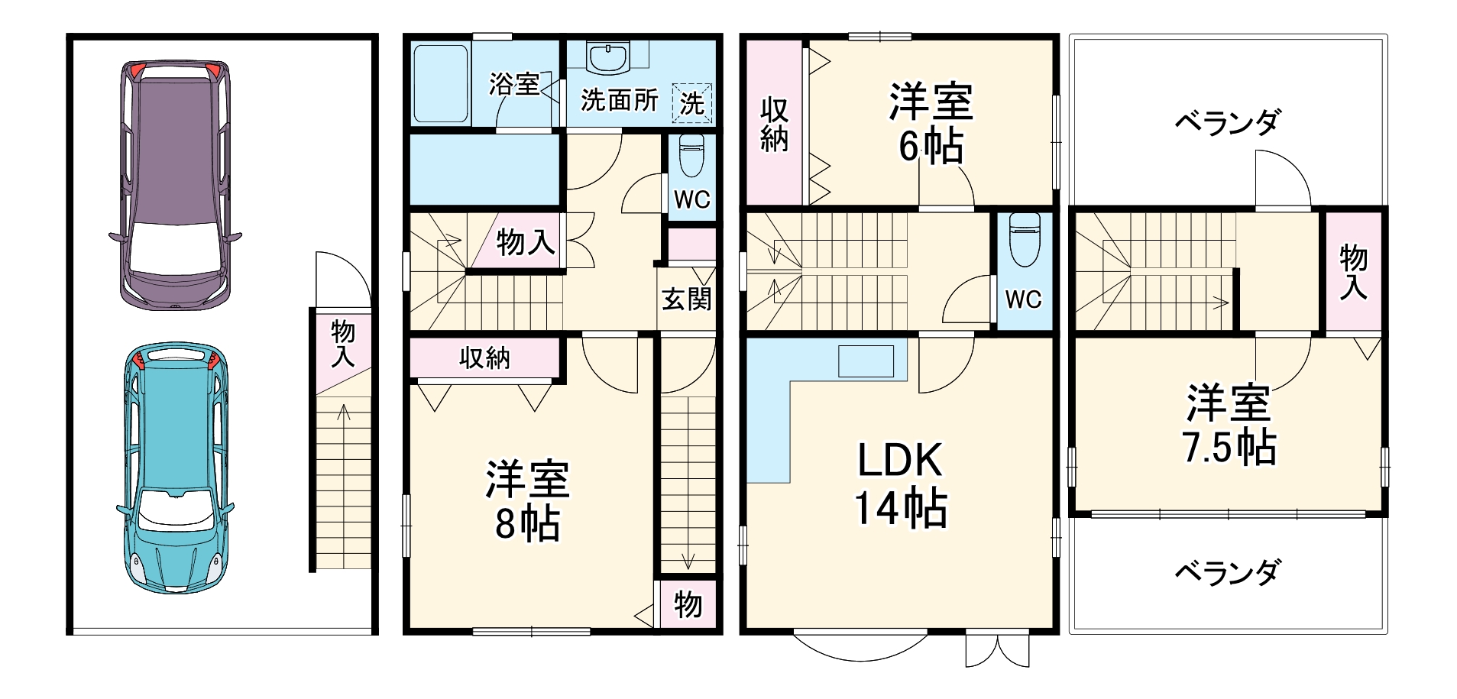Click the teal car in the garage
(175, 468)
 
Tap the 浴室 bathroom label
(514, 84)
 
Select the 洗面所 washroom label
(619, 100)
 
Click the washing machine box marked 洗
(692, 103)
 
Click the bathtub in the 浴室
(440, 84)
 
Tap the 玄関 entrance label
(686, 299)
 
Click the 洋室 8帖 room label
(527, 501)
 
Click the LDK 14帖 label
(901, 484)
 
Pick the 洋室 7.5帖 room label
(1229, 425)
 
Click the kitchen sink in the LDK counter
(866, 361)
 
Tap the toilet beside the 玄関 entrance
(691, 156)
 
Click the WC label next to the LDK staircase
(1023, 299)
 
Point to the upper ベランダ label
(1227, 122)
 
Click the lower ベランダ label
(1227, 572)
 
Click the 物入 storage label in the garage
(343, 344)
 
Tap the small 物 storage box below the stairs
(688, 605)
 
